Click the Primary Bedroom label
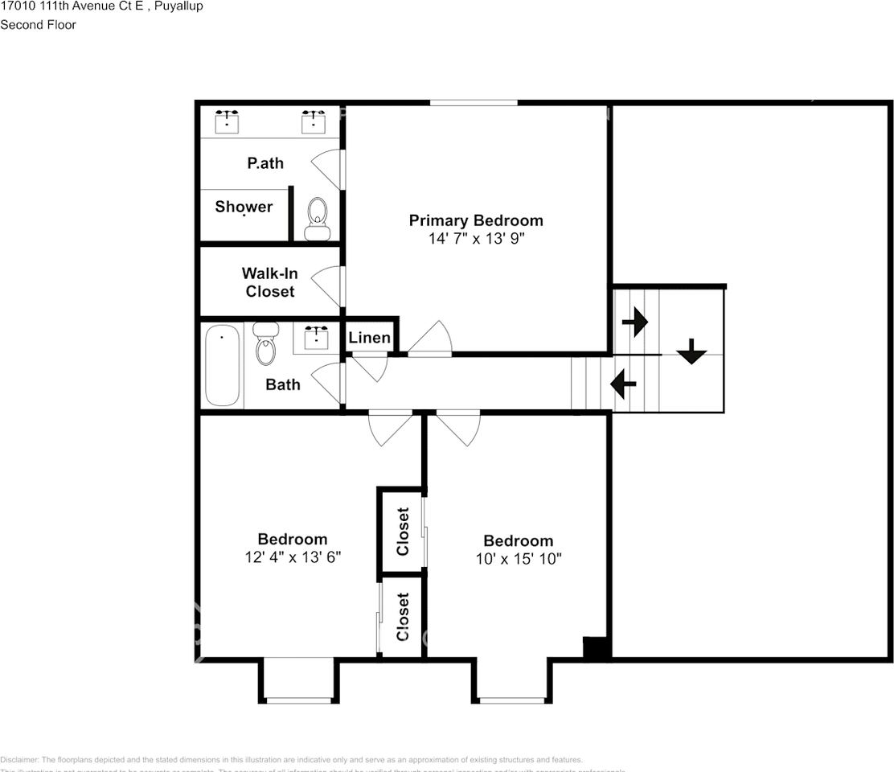coord(476,220)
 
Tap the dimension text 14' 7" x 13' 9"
coord(476,239)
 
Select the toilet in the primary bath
coord(318,219)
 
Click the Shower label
coord(244,207)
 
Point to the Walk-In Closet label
coord(270,282)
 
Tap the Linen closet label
coord(370,338)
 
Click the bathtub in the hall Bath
coord(222,365)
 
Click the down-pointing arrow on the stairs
coord(691,351)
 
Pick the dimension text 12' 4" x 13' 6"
coord(293,557)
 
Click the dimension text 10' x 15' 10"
coord(519,559)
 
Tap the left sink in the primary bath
coord(228,121)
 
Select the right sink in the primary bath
coord(314,121)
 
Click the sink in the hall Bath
coord(316,337)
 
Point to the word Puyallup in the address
coord(178,6)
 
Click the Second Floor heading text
coord(38,25)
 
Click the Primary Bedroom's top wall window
coord(474,102)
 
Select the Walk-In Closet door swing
coord(328,285)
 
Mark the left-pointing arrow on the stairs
coord(624,384)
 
